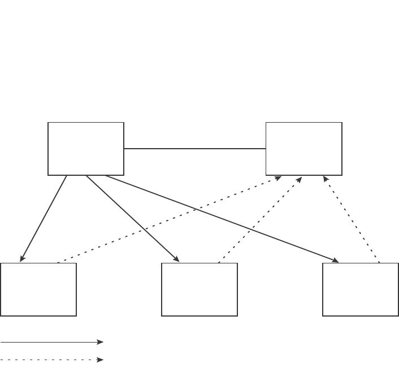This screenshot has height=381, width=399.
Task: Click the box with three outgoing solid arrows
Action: [x=86, y=149]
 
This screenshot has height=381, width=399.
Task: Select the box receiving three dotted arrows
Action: [x=304, y=149]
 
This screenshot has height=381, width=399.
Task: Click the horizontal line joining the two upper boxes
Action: [x=195, y=149]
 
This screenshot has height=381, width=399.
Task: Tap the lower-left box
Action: [x=38, y=289]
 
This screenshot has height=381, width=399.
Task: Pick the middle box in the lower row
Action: [x=199, y=289]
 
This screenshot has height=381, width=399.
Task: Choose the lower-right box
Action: [x=361, y=289]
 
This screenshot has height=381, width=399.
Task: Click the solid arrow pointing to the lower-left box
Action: [x=44, y=218]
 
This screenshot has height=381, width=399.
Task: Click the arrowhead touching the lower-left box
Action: [x=22, y=259]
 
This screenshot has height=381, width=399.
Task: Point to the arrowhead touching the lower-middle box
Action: [x=177, y=259]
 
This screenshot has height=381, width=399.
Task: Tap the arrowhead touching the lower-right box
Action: [x=336, y=261]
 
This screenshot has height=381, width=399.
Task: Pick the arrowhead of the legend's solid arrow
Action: [x=101, y=342]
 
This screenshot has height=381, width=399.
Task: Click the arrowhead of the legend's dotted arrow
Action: [x=101, y=360]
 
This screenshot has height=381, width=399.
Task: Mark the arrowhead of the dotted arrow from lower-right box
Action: [x=325, y=179]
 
